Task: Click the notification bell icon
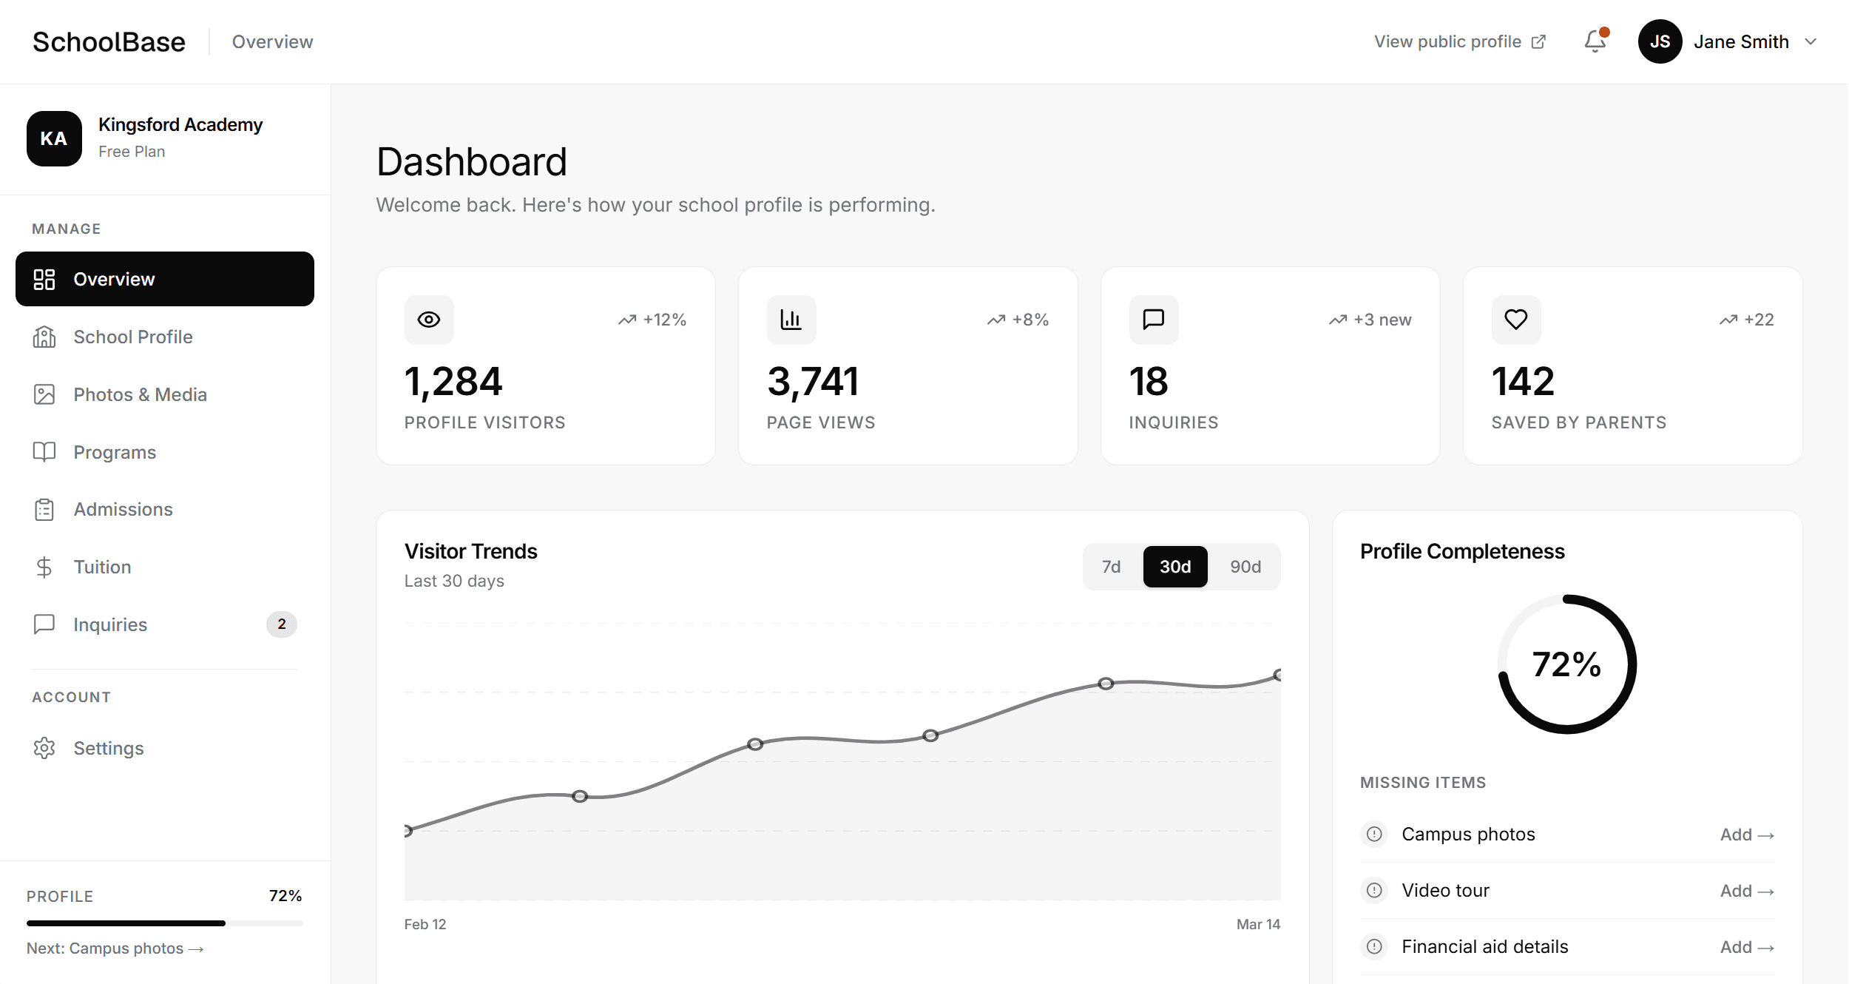coord(1595,41)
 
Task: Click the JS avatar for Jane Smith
coord(1660,41)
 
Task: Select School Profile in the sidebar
coord(133,337)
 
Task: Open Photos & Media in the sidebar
coord(140,394)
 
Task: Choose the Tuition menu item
coord(102,567)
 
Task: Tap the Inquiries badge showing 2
coord(281,624)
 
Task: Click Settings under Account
coord(108,748)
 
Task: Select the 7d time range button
coord(1111,567)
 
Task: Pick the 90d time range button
coord(1245,567)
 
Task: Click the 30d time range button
coord(1175,567)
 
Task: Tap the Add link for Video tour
coord(1746,891)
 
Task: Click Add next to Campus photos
coord(1746,835)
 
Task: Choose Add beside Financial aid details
coord(1746,947)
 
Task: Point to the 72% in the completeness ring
coord(1566,664)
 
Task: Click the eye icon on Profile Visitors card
coord(429,320)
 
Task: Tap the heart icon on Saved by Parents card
coord(1516,320)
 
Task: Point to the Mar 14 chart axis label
coord(1258,924)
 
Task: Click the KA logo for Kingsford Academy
coord(54,138)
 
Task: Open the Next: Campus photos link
coord(115,948)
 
